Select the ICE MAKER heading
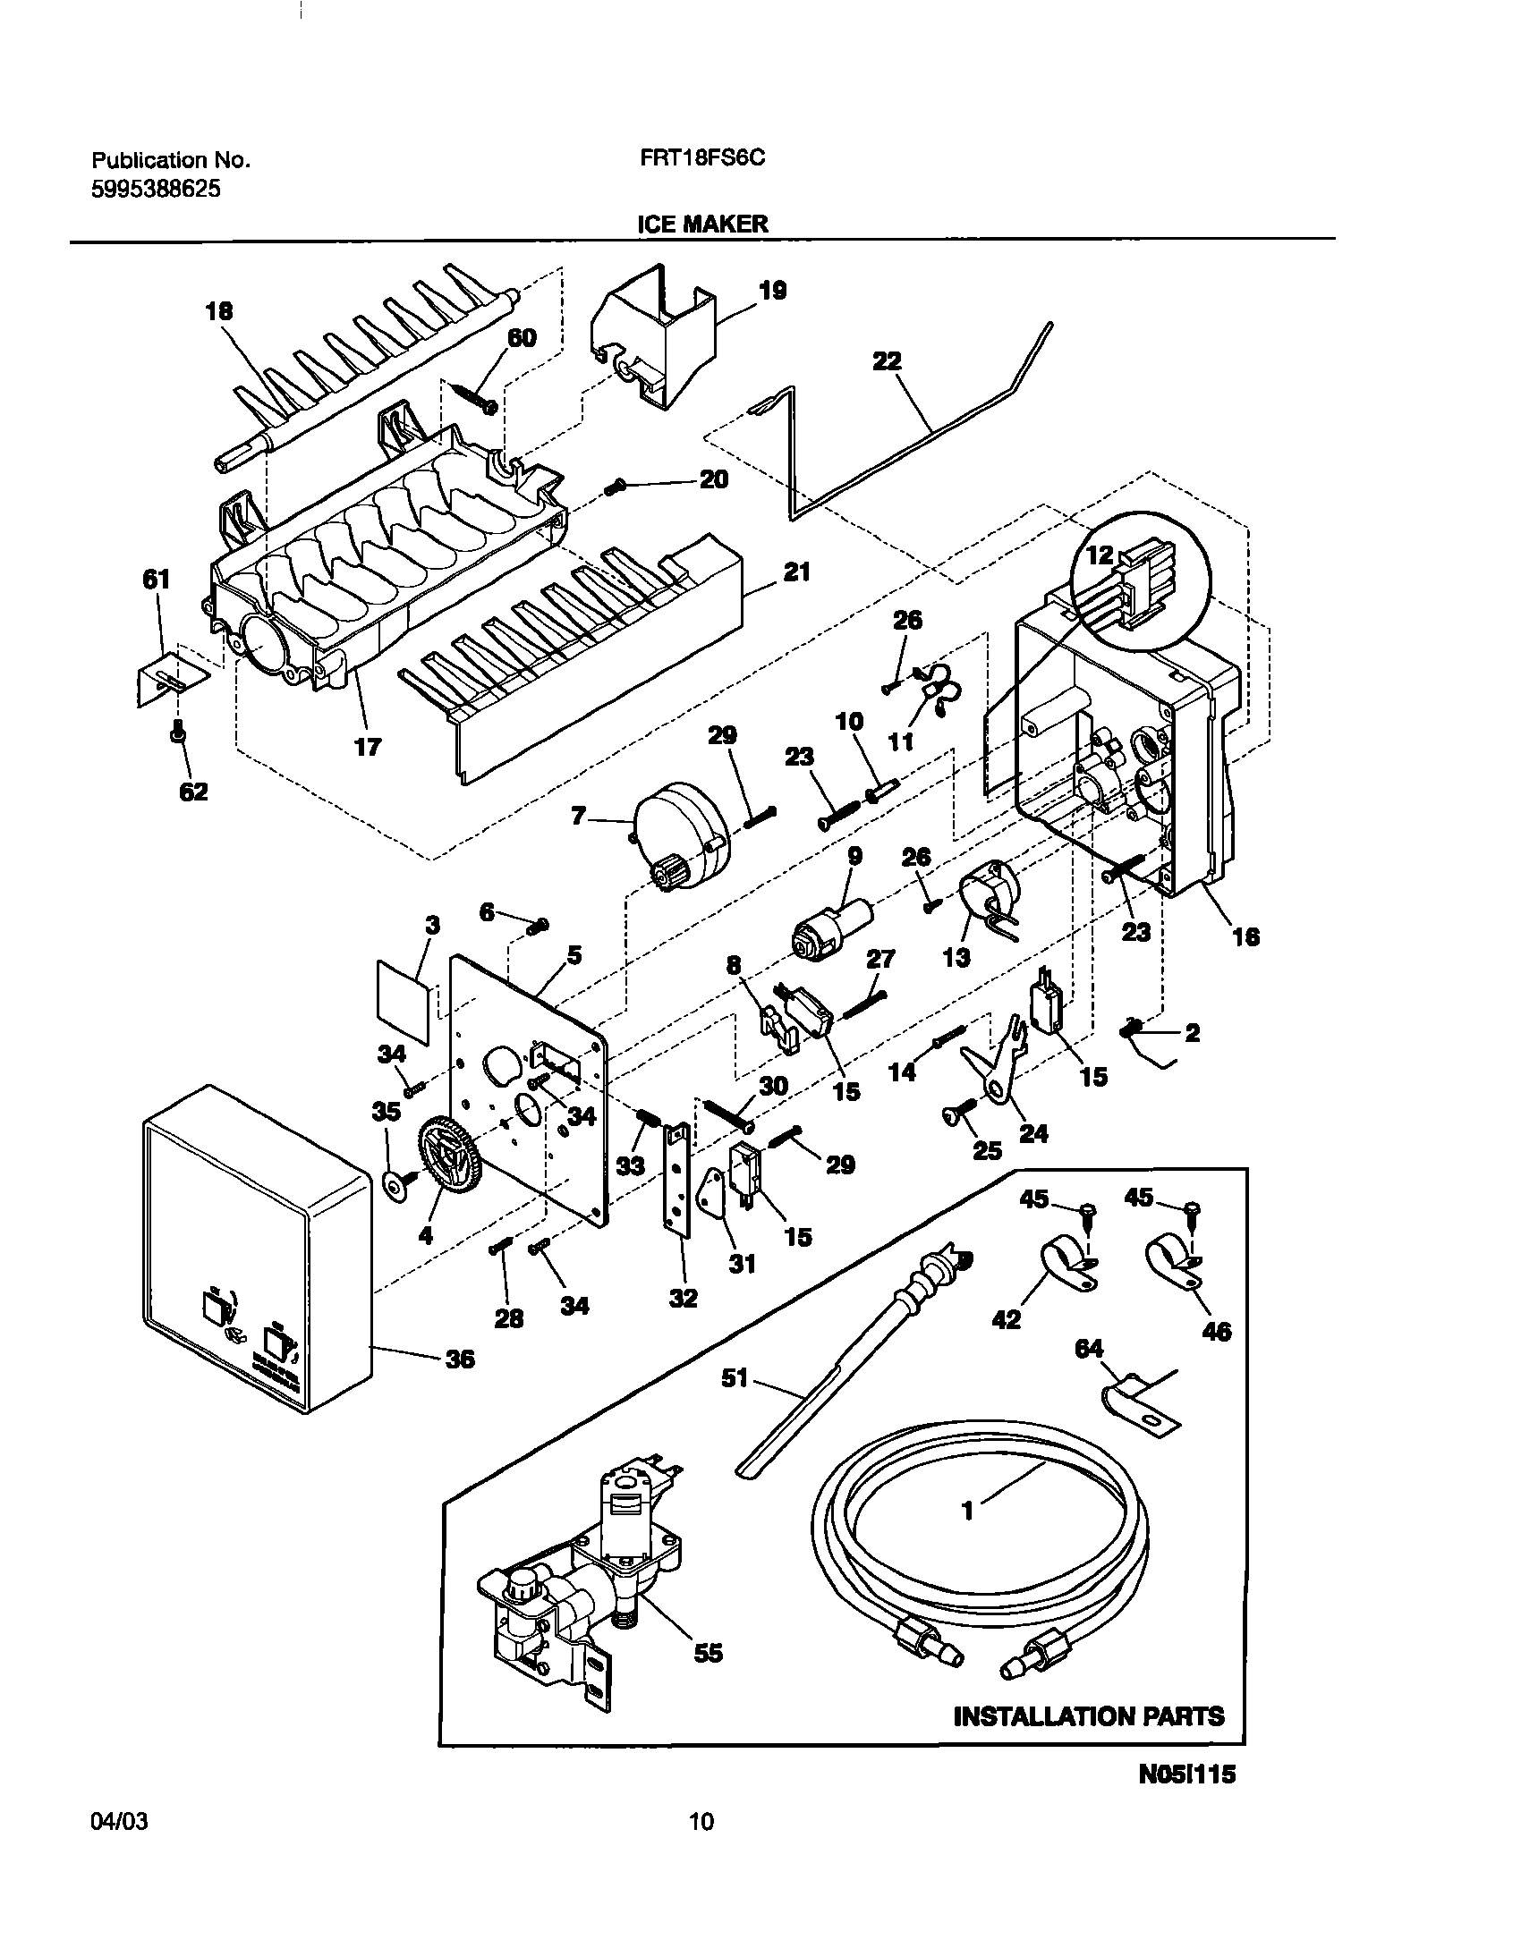pos(702,224)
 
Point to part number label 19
pos(772,291)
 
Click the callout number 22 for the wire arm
pos(888,361)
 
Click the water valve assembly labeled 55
pos(582,1601)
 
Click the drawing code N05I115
pos(1186,1819)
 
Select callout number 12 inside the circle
pos(1100,555)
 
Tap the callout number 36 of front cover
pos(460,1359)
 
